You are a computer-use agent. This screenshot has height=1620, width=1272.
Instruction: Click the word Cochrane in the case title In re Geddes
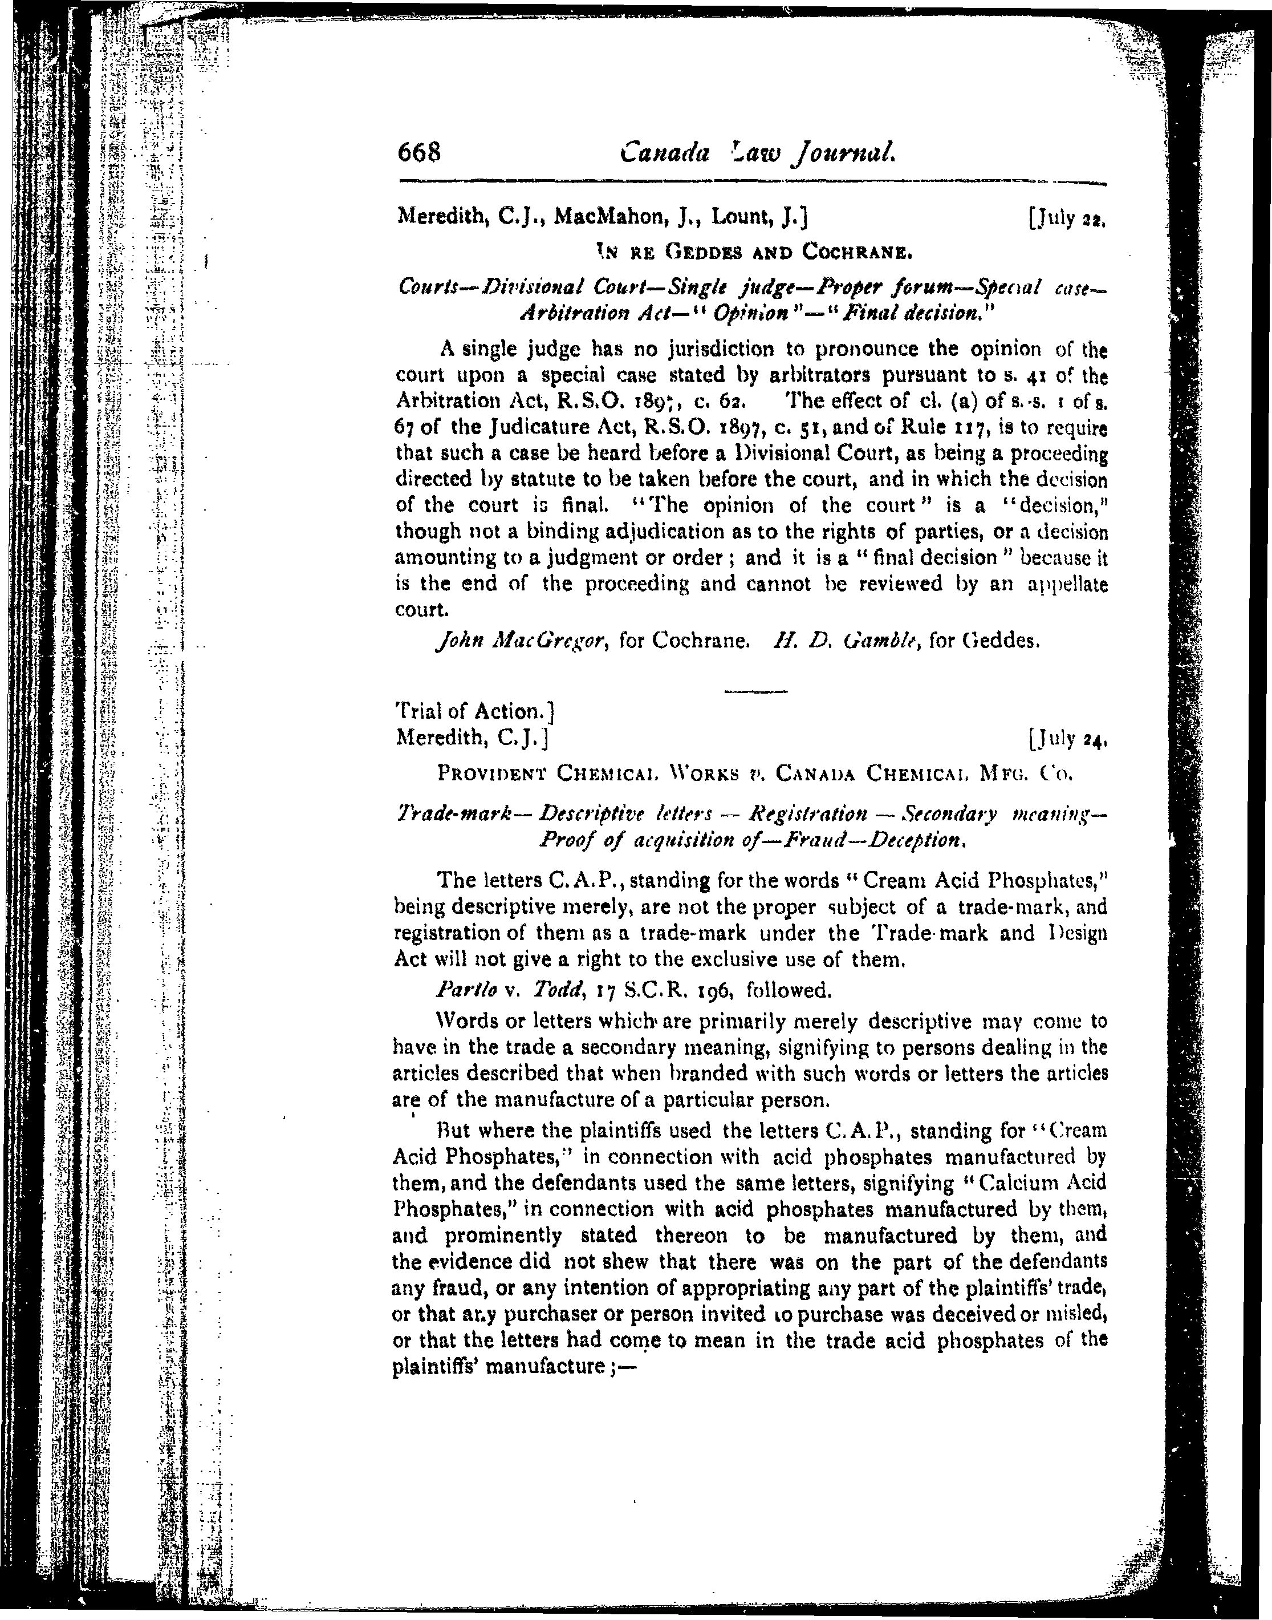click(856, 253)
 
